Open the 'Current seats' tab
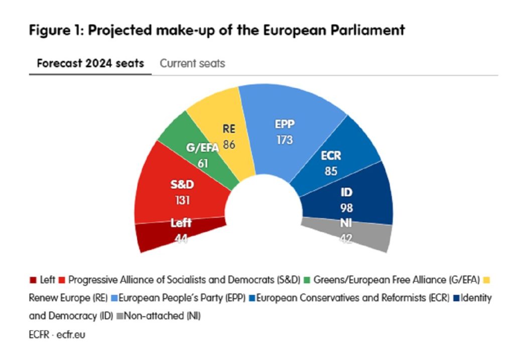192,64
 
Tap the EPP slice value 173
284,140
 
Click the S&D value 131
181,199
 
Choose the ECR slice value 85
330,171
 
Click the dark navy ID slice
361,196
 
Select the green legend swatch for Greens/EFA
309,280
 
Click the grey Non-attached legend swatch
119,317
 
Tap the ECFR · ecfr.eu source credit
57,334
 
